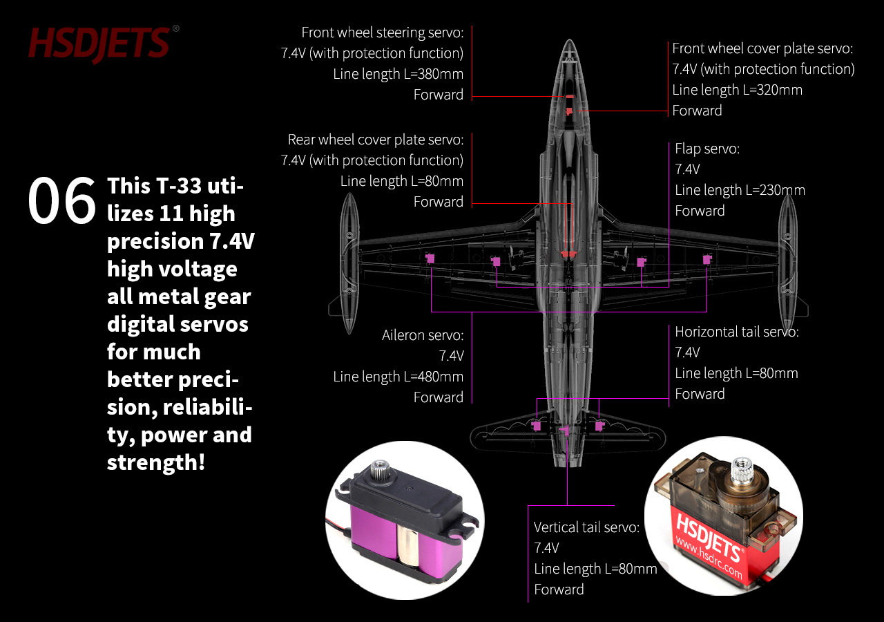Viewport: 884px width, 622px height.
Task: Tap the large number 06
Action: [62, 200]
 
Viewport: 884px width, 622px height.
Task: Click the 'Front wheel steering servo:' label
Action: [383, 32]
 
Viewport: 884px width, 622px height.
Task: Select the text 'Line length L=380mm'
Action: [398, 74]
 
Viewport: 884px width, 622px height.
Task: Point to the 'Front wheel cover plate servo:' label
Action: [762, 48]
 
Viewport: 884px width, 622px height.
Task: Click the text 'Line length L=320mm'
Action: [737, 90]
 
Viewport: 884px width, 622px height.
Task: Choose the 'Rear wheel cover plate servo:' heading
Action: [376, 140]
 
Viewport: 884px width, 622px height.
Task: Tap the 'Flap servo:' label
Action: [707, 149]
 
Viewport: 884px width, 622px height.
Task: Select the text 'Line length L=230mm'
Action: [740, 190]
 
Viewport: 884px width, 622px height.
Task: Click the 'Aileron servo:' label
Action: [423, 335]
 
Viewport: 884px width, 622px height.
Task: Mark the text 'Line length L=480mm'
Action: [398, 377]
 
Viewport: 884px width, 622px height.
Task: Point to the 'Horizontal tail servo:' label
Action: [737, 332]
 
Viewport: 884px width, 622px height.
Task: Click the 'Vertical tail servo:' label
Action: [586, 527]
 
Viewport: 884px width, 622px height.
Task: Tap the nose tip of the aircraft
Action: [569, 39]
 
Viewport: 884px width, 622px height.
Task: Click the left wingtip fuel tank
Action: [349, 263]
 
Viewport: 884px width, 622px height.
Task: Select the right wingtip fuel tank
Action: [788, 263]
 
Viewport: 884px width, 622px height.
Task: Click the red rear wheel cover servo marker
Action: [568, 254]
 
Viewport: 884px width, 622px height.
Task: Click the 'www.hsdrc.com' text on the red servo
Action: [709, 557]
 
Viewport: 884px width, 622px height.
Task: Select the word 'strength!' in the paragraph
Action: [156, 462]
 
